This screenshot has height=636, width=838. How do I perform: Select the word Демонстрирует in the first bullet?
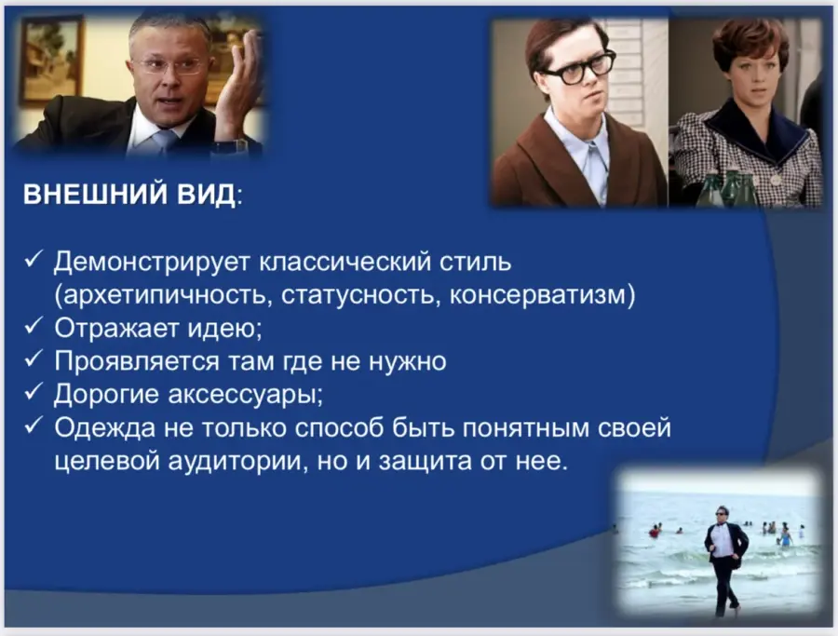pyautogui.click(x=153, y=262)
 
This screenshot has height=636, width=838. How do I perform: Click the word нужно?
pyautogui.click(x=408, y=362)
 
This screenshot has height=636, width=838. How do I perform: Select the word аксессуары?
pyautogui.click(x=244, y=395)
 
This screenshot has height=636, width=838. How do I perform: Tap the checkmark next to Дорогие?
pyautogui.click(x=34, y=391)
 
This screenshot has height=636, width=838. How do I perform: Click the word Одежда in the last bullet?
pyautogui.click(x=104, y=428)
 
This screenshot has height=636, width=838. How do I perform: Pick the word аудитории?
pyautogui.click(x=236, y=462)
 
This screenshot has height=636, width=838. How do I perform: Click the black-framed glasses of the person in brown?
pyautogui.click(x=579, y=68)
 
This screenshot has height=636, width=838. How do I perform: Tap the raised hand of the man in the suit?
pyautogui.click(x=237, y=86)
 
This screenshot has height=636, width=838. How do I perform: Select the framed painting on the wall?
pyautogui.click(x=51, y=59)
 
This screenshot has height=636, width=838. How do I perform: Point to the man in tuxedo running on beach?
pyautogui.click(x=725, y=560)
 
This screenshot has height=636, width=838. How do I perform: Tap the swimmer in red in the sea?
pyautogui.click(x=654, y=531)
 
